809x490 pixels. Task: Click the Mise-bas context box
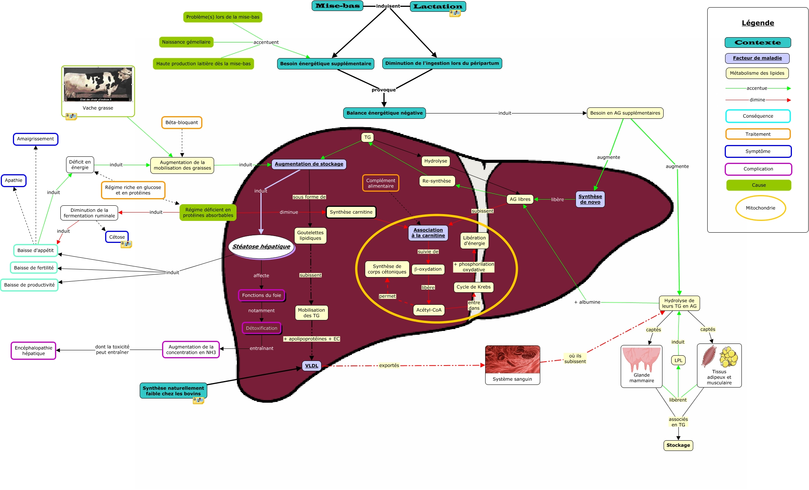coord(337,6)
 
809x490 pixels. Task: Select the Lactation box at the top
coord(438,6)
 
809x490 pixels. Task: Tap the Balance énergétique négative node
coord(384,113)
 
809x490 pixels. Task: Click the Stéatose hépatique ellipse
coord(261,247)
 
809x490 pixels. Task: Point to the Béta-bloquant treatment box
coord(181,123)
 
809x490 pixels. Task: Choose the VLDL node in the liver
coord(312,366)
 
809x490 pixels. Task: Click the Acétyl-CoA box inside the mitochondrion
coord(429,310)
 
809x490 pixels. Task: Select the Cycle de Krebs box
coord(473,287)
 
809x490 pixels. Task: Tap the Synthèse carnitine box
coord(351,212)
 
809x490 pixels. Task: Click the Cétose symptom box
coord(117,237)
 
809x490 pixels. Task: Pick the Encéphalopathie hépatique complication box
coord(33,351)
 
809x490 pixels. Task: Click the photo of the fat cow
coord(98,84)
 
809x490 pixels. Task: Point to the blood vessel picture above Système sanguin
coord(512,359)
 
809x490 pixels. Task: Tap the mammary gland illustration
coord(641,360)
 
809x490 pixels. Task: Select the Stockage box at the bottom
coord(678,445)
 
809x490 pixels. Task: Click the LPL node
coord(678,361)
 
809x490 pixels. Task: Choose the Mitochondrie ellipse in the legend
coord(760,208)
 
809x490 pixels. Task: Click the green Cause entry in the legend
coord(759,185)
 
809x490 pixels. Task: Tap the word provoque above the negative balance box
coord(383,90)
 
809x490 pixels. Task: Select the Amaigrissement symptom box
coord(36,139)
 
